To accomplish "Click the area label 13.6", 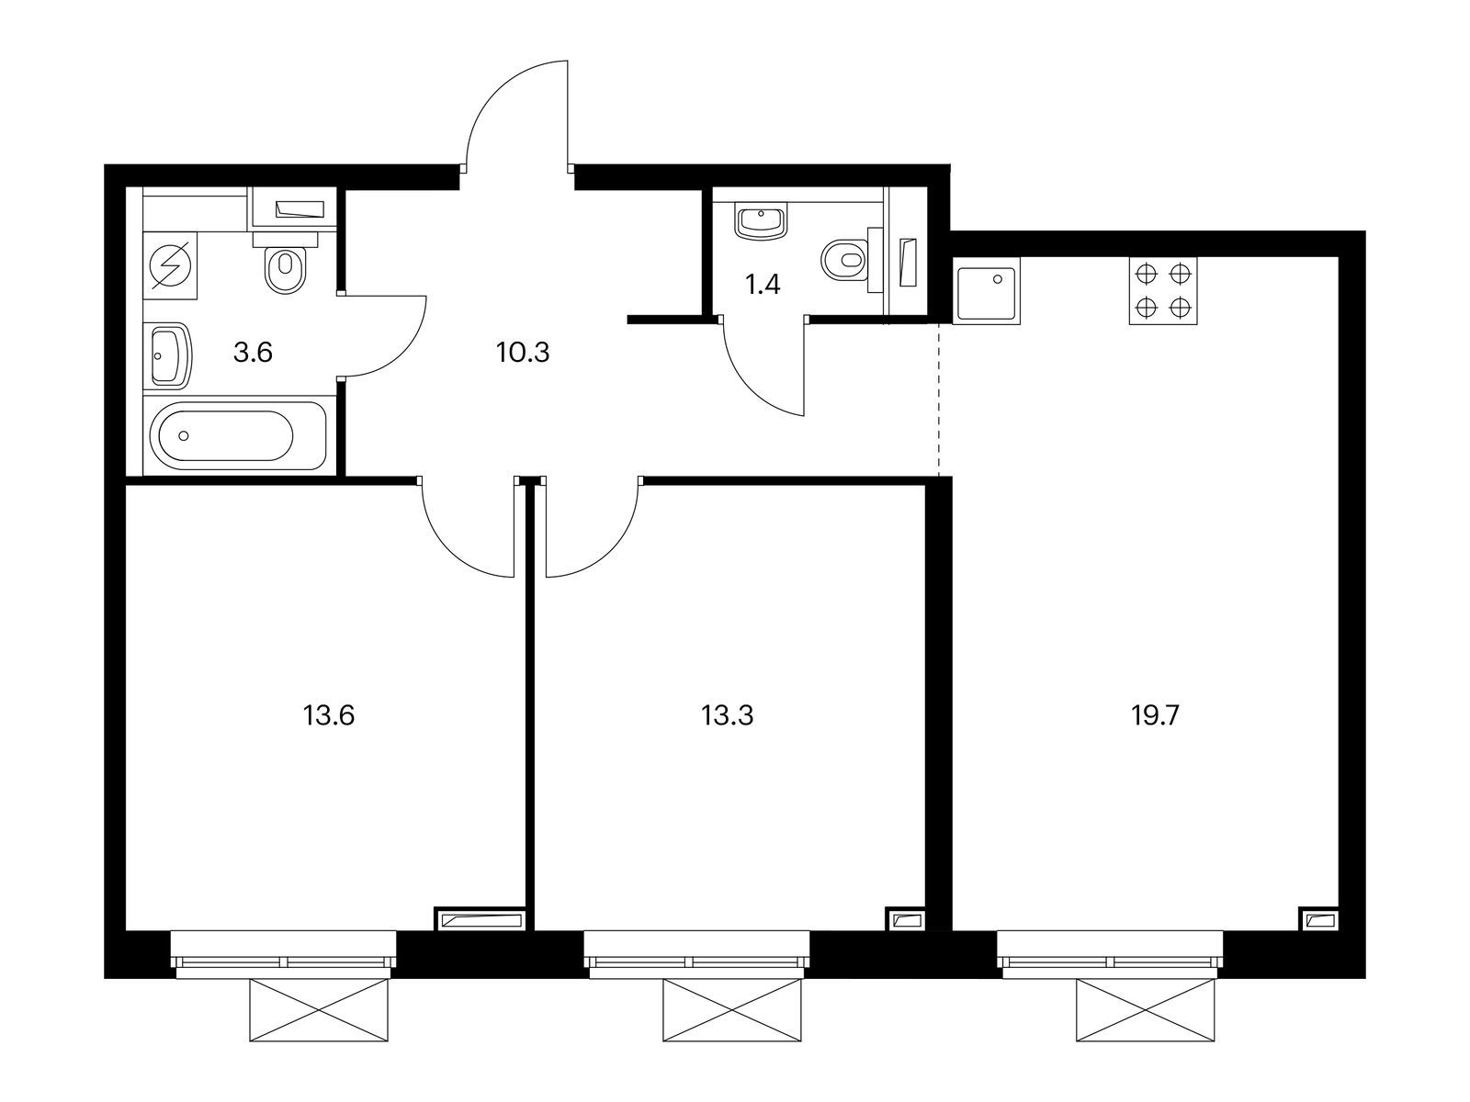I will pos(328,714).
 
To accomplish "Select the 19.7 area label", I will pos(1154,714).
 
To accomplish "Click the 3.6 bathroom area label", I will pos(253,352).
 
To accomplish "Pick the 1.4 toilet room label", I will pos(762,285).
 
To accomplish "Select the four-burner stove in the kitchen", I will pos(1164,290).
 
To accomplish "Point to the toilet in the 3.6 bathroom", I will pos(286,268).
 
